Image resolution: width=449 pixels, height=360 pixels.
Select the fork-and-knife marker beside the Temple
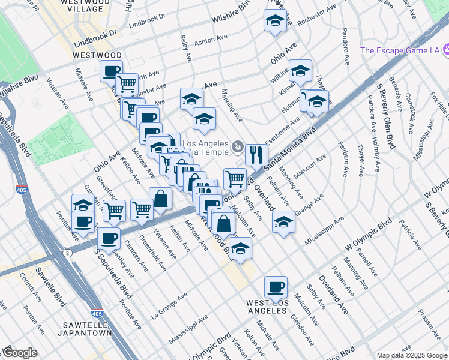(256, 155)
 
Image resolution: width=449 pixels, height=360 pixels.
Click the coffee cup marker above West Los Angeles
(276, 287)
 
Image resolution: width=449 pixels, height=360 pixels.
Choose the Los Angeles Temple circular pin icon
(238, 146)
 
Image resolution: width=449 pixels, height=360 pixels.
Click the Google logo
(20, 353)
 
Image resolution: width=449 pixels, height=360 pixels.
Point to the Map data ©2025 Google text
(411, 355)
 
